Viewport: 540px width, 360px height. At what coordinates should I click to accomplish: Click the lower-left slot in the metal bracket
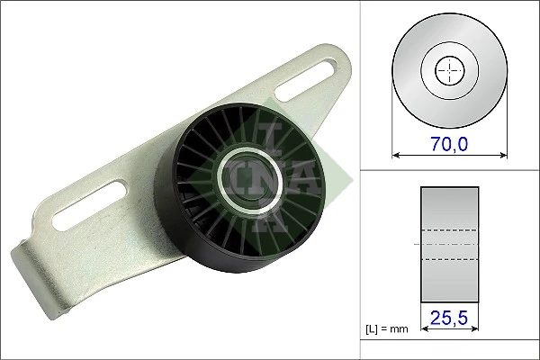click(86, 205)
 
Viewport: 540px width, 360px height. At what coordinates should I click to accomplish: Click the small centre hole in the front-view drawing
click(448, 70)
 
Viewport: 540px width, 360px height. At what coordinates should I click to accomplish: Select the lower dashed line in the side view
click(448, 259)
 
